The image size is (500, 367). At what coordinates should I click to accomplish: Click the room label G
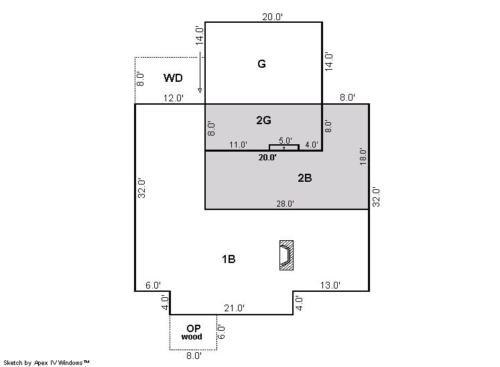[261, 64]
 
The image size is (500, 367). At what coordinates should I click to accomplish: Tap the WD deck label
[173, 78]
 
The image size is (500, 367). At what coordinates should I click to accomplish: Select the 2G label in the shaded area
[263, 120]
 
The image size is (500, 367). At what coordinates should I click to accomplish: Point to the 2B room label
[304, 178]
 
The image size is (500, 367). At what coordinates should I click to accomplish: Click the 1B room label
[229, 259]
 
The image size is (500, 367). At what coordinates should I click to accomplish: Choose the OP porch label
[194, 328]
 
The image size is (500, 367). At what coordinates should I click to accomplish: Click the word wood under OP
[192, 337]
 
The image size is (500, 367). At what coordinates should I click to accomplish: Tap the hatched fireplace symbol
[286, 256]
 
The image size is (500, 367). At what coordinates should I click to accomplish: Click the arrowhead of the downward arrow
[200, 91]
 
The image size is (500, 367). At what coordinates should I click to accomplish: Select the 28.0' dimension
[285, 203]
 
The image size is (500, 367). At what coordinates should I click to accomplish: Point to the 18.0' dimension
[363, 156]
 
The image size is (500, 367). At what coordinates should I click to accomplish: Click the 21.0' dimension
[234, 308]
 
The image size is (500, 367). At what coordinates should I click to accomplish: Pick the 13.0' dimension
[330, 285]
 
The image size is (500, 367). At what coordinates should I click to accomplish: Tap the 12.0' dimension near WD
[174, 99]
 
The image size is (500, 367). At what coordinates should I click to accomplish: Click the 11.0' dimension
[238, 145]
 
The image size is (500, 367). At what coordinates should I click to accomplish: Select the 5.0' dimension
[286, 141]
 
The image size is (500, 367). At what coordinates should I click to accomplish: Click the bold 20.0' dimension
[267, 157]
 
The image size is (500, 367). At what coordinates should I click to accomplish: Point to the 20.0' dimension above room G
[272, 17]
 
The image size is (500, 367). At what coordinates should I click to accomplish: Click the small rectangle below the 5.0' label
[284, 148]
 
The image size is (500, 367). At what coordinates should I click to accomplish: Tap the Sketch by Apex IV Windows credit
[46, 363]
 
